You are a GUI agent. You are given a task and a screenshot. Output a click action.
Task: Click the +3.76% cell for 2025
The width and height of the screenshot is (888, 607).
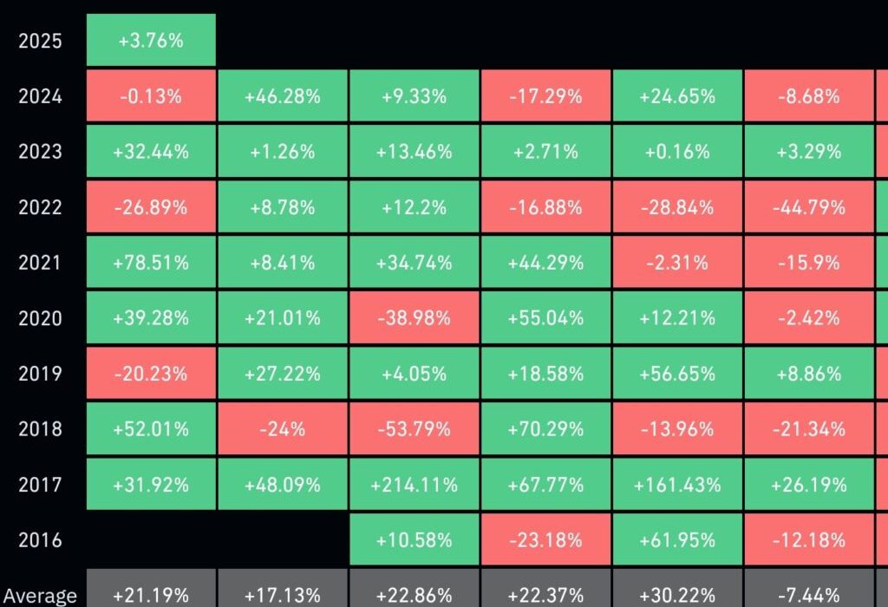[151, 40]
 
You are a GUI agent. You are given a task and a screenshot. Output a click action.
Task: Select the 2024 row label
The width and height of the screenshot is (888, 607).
[40, 96]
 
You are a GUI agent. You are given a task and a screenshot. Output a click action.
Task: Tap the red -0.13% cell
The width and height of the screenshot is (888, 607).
[151, 96]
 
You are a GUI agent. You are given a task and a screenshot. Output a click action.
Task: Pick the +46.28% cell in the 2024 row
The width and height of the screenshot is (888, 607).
[283, 96]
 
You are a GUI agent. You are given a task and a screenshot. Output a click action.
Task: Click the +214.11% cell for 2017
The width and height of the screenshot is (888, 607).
[415, 485]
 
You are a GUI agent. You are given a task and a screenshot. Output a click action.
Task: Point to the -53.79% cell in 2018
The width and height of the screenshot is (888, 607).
[415, 429]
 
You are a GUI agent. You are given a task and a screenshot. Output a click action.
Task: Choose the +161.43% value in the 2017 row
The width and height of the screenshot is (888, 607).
[677, 485]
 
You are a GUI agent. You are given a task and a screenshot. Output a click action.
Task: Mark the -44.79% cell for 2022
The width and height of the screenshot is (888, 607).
[809, 207]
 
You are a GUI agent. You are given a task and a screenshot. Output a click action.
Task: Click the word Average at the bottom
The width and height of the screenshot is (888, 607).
[40, 596]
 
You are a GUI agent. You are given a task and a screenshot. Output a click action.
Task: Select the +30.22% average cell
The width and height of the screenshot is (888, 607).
[677, 594]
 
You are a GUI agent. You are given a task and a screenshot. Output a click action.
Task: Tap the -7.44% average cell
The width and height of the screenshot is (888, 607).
[809, 594]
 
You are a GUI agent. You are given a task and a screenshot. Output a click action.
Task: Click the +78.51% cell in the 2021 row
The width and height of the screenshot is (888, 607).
[151, 263]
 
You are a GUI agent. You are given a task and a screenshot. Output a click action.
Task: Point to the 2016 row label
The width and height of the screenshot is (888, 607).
[40, 540]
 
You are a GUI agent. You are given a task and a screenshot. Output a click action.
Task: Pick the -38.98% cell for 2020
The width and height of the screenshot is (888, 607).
[415, 318]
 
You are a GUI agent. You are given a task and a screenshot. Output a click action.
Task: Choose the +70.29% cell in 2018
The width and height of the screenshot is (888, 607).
[545, 429]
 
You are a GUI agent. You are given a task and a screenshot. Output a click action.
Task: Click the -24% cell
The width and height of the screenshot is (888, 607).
[283, 429]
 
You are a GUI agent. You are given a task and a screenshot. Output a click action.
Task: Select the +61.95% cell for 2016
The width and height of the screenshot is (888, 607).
[677, 540]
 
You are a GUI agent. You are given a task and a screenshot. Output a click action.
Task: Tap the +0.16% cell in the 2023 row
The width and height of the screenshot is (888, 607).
[677, 152]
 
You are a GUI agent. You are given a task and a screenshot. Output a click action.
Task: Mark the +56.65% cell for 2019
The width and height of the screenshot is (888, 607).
[677, 374]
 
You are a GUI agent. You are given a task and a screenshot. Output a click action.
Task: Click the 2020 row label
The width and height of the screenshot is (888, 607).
[40, 318]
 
